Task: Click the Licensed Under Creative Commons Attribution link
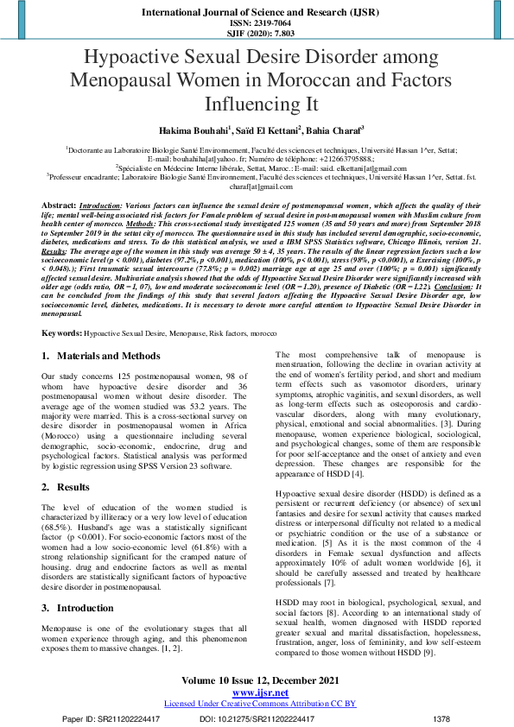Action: click(x=257, y=704)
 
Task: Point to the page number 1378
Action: click(x=441, y=718)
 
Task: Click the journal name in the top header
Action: click(x=257, y=12)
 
